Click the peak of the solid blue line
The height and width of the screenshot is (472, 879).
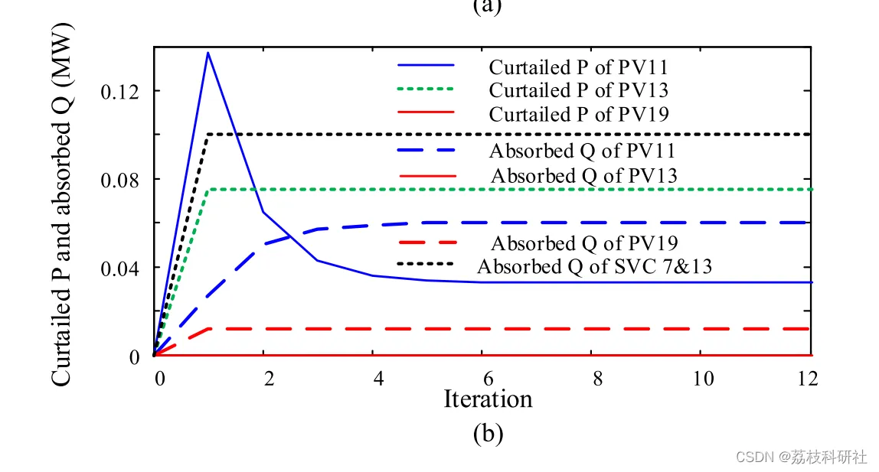207,53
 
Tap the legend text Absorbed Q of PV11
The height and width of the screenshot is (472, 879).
583,150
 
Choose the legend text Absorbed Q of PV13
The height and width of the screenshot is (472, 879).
583,176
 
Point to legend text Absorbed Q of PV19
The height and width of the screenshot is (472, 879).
583,243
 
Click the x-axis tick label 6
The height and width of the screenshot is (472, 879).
483,378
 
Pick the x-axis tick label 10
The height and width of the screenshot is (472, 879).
702,378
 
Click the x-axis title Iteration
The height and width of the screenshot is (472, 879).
488,399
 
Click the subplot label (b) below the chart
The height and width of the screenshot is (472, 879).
488,434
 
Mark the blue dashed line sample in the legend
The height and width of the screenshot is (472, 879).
426,150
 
